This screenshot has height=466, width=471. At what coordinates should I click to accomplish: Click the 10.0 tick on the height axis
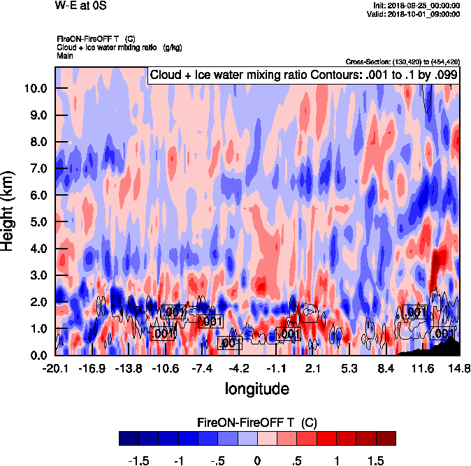coord(37,89)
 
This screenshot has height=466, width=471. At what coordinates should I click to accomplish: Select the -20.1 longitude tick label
coord(55,368)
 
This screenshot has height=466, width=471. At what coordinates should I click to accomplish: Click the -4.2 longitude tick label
coord(239,368)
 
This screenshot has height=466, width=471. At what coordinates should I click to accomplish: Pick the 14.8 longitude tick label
coord(459,368)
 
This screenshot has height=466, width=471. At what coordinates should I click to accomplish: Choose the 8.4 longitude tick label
coord(386,368)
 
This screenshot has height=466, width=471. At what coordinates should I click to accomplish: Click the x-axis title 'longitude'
coord(256,388)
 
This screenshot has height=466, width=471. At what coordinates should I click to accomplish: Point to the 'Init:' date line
coord(417,6)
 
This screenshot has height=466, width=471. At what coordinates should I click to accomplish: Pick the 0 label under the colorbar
coord(257,461)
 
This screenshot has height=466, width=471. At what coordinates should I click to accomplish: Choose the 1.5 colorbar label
coord(376,461)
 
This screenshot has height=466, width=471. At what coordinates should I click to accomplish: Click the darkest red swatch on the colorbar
coord(386,438)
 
